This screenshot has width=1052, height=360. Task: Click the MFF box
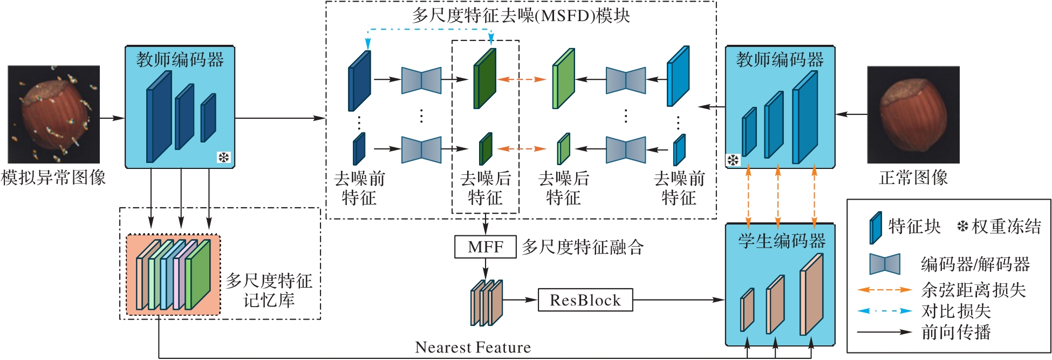pos(485,247)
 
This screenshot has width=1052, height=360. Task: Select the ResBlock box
pos(585,300)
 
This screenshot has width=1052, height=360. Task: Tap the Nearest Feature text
pos(473,347)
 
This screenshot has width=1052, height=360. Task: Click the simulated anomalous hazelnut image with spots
pos(54,114)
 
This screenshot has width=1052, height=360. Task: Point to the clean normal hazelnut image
pos(913,114)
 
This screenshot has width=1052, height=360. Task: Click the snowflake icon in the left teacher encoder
pos(223,157)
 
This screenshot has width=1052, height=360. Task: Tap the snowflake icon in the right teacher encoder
pos(733,160)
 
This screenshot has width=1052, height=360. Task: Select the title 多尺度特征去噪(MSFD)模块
pos(521,15)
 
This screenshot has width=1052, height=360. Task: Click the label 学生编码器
pos(781,241)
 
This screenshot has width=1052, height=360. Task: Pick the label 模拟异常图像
pos(53,178)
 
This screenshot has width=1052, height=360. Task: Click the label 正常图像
pos(913,178)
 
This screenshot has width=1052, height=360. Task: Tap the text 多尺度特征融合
pos(583,247)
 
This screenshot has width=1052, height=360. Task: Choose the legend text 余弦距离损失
pos(973,290)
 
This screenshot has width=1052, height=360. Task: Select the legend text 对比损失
pos(956,311)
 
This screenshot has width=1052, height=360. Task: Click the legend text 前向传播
pos(956,332)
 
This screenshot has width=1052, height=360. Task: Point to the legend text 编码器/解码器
pos(975,264)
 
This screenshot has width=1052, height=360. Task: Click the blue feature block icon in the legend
pos(875,227)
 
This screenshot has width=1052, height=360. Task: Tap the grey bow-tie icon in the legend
pos(885,264)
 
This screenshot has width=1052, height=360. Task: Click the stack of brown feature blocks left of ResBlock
pos(486,302)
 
